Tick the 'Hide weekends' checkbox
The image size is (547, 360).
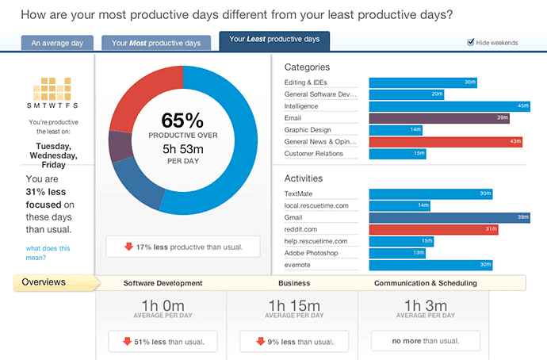[471, 42]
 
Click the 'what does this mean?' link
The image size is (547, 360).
[48, 253]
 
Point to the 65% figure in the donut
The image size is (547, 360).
[182, 121]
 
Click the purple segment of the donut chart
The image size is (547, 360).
[120, 146]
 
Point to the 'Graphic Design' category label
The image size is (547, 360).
[308, 129]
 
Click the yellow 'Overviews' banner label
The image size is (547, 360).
[44, 282]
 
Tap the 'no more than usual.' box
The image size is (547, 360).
[425, 342]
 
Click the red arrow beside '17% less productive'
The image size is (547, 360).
[128, 247]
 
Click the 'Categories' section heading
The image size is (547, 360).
[307, 67]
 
